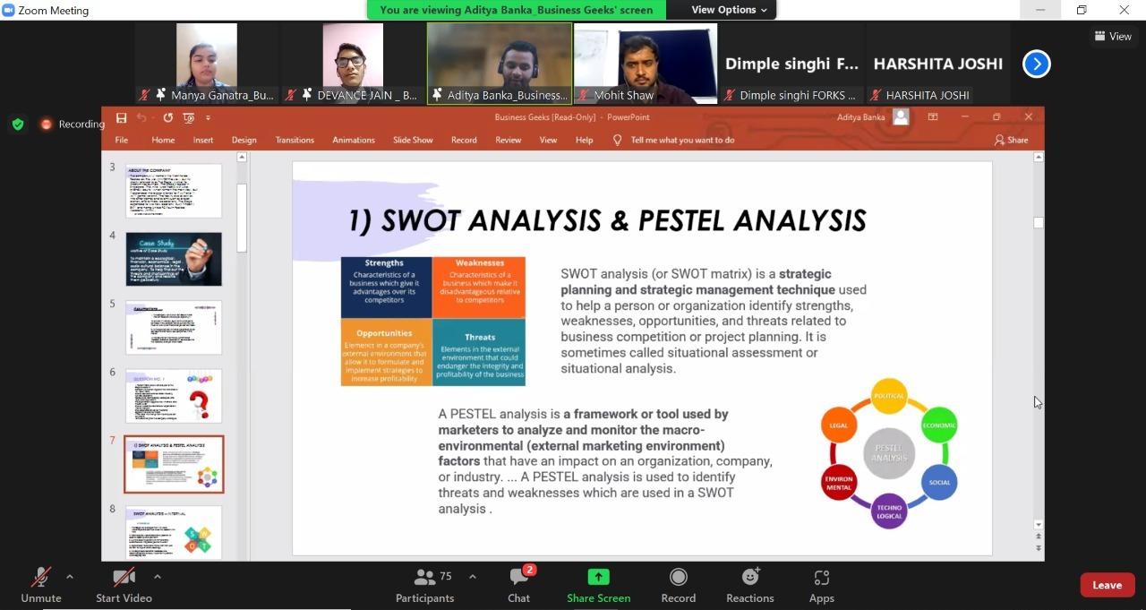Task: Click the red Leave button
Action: click(1107, 585)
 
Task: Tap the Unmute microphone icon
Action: click(40, 578)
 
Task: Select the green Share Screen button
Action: click(598, 578)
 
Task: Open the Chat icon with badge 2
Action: click(519, 578)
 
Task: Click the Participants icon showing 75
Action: click(425, 578)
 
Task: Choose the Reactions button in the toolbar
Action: click(749, 578)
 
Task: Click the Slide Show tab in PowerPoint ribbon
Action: click(413, 140)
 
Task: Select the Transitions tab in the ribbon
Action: click(295, 140)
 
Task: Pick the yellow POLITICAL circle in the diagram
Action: click(889, 396)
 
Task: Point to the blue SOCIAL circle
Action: click(939, 482)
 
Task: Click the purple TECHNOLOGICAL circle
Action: click(889, 511)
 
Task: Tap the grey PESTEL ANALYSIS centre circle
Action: click(889, 452)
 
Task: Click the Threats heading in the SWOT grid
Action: click(480, 338)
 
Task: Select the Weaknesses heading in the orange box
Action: click(480, 263)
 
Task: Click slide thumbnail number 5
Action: click(174, 328)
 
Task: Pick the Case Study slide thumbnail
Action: click(174, 259)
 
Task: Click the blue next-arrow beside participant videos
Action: click(1036, 64)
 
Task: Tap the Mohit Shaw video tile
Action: click(646, 63)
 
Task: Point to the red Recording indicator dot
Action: click(47, 125)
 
